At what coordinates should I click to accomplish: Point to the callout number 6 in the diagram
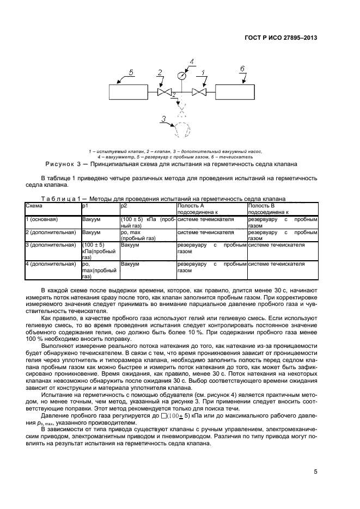point(242,69)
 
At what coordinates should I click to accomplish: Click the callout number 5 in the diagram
point(131,72)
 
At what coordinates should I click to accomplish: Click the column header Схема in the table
point(34,206)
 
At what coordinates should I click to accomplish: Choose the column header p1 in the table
point(85,206)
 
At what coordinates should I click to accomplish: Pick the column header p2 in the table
point(124,206)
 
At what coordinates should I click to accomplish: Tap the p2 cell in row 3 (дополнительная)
point(130,245)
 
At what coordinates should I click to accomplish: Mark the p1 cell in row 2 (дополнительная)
point(91,232)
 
